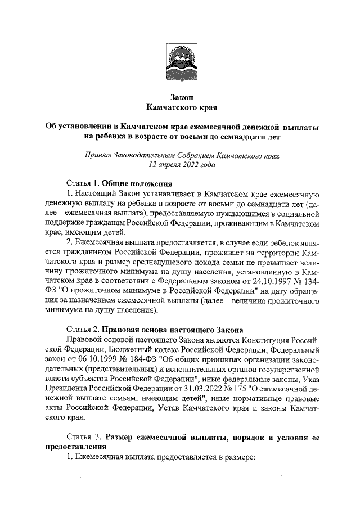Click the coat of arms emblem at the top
(x=180, y=63)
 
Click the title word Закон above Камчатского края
(x=181, y=97)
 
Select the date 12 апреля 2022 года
(x=182, y=165)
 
